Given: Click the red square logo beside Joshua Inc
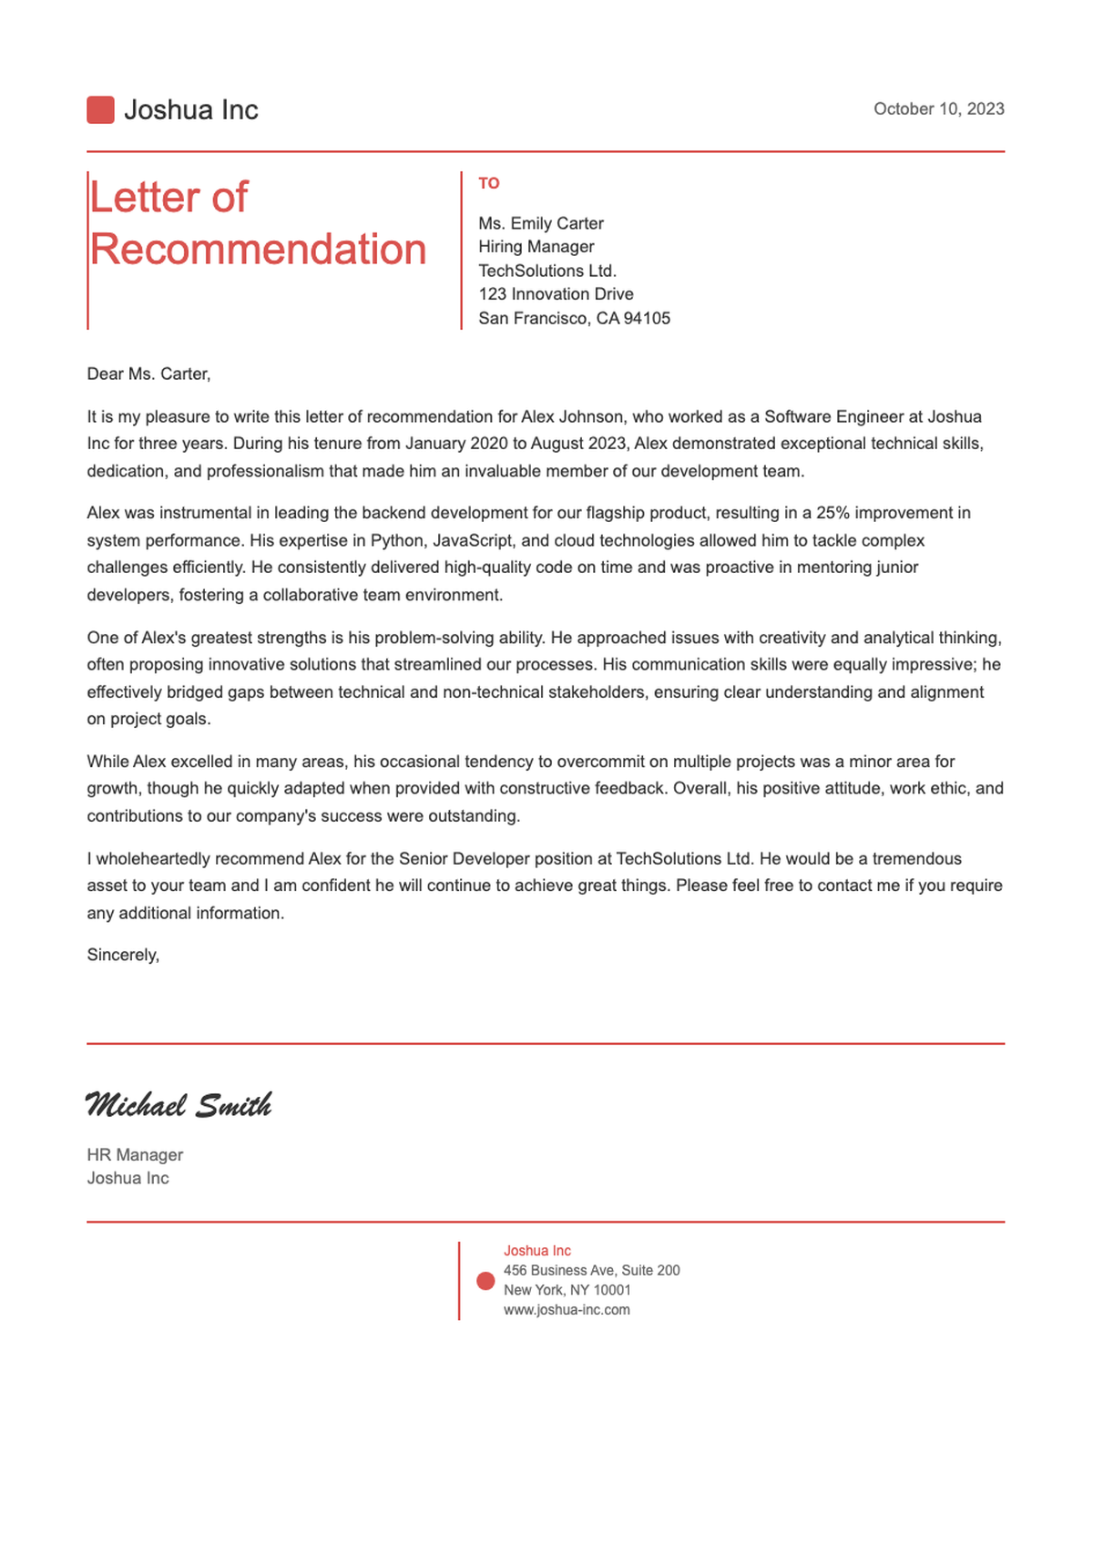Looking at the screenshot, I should pyautogui.click(x=100, y=110).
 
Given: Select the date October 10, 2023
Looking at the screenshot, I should pyautogui.click(x=938, y=109).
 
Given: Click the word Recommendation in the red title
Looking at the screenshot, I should pyautogui.click(x=258, y=250).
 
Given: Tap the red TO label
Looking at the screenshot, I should pyautogui.click(x=489, y=184).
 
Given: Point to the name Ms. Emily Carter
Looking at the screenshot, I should pyautogui.click(x=541, y=223).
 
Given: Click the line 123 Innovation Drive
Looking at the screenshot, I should pyautogui.click(x=556, y=294).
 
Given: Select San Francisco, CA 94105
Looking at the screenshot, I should pyautogui.click(x=574, y=318).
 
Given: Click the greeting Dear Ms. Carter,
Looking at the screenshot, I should pyautogui.click(x=148, y=374).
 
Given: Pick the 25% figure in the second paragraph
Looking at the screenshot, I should pyautogui.click(x=833, y=513).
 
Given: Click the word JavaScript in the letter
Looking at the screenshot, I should pyautogui.click(x=473, y=540).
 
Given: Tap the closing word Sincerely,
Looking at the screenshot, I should pyautogui.click(x=123, y=955).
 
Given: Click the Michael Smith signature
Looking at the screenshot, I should pyautogui.click(x=179, y=1105).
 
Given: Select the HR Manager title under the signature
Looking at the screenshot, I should pyautogui.click(x=135, y=1155).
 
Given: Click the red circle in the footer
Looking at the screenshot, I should pyautogui.click(x=485, y=1281).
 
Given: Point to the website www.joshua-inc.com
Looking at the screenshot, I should pyautogui.click(x=567, y=1310).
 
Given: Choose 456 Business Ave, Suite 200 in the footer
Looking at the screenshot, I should pyautogui.click(x=591, y=1270).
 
